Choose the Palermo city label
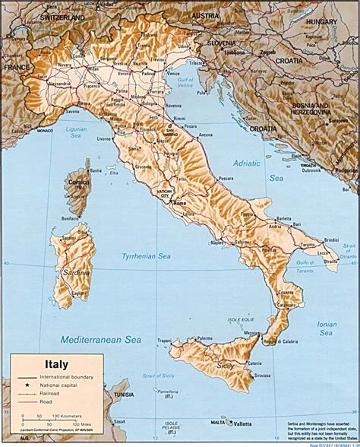204,338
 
